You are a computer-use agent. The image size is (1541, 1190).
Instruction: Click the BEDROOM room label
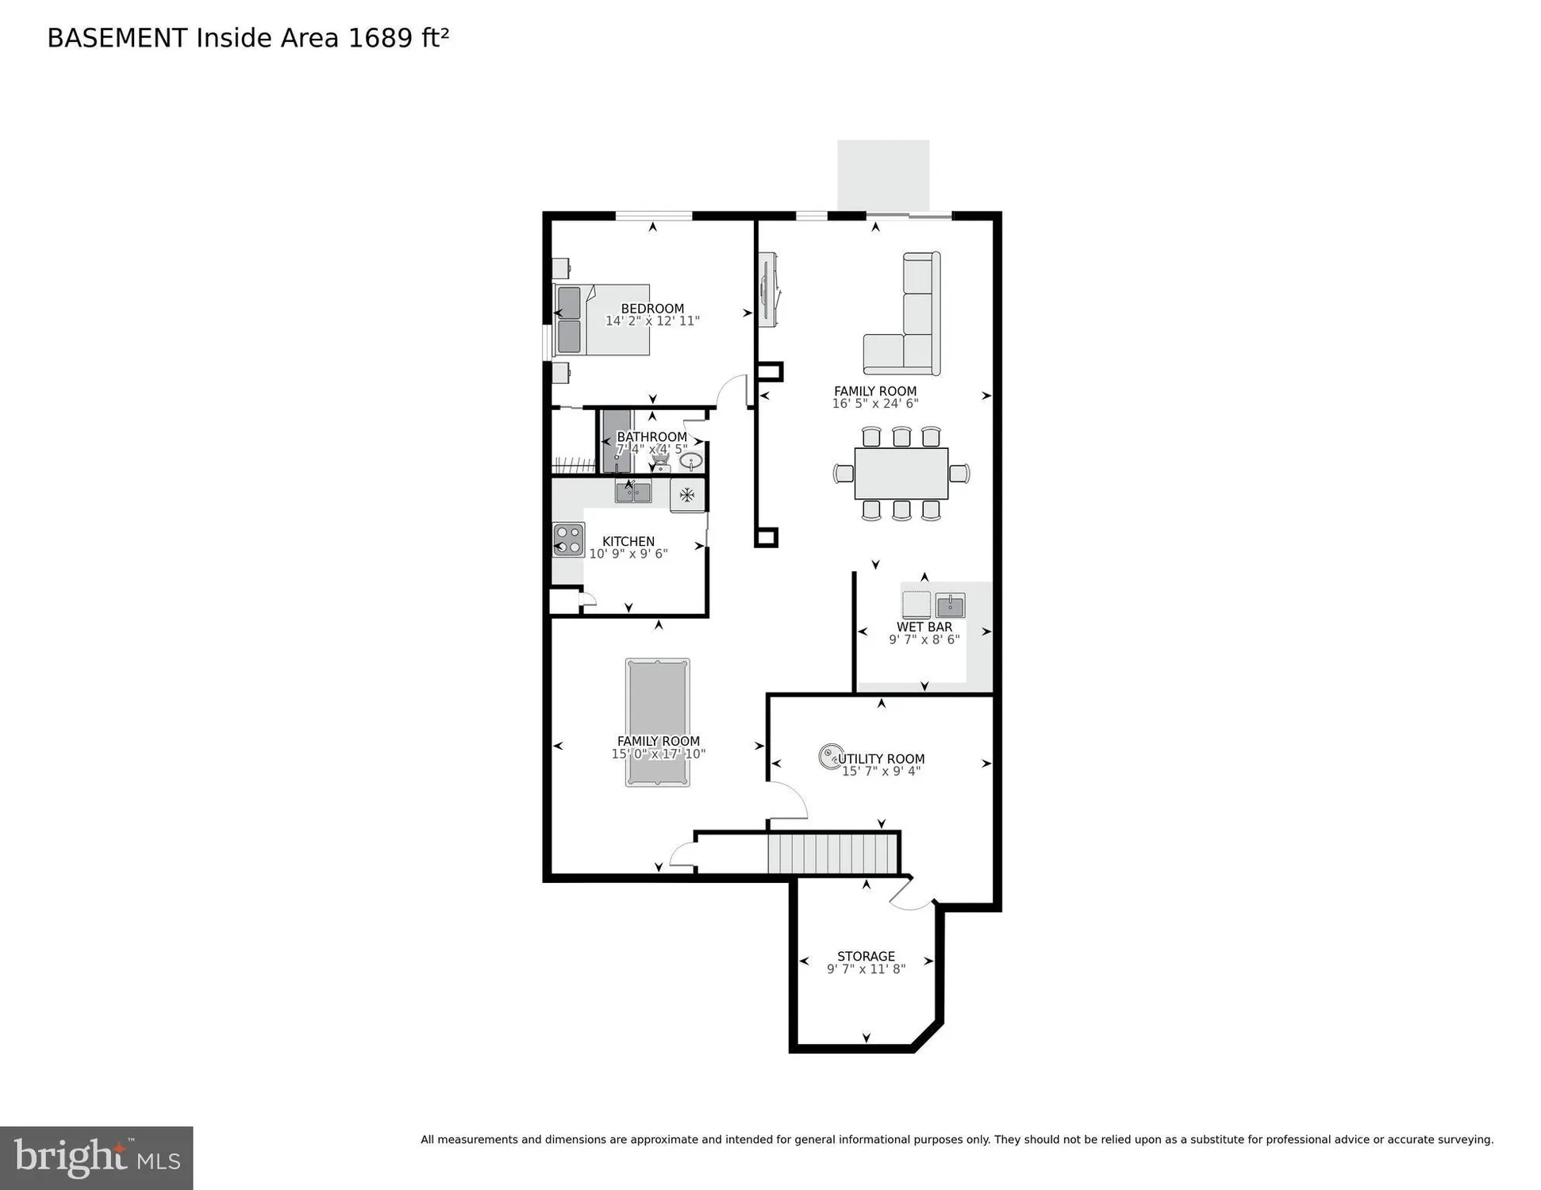click(x=651, y=309)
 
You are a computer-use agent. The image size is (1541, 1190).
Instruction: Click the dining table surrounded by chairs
click(x=901, y=474)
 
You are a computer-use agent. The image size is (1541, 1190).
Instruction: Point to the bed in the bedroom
click(x=602, y=320)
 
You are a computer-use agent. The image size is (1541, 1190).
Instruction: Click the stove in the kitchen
click(x=568, y=539)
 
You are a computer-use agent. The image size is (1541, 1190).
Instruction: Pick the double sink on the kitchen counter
click(x=633, y=493)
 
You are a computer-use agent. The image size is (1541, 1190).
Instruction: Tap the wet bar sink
click(x=950, y=606)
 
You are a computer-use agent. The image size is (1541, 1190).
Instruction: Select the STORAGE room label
click(x=866, y=956)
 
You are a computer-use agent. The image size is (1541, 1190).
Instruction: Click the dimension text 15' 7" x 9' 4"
click(x=881, y=771)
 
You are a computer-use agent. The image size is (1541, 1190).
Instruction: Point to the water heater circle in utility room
click(x=830, y=756)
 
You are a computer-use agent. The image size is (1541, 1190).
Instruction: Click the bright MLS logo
click(x=96, y=1157)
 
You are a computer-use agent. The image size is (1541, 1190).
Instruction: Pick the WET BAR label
click(x=924, y=627)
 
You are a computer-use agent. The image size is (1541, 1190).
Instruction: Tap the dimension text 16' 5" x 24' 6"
click(x=874, y=404)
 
